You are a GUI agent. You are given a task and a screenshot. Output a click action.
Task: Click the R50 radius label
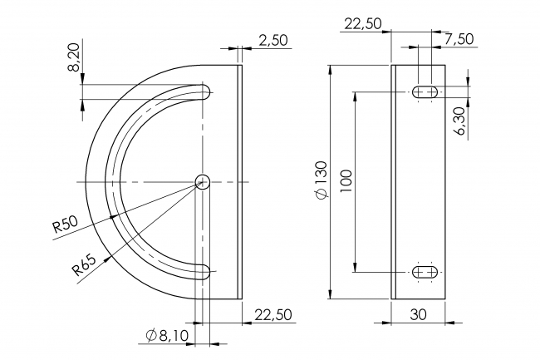[65, 224]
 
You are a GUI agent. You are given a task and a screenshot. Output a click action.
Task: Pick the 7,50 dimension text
[459, 39]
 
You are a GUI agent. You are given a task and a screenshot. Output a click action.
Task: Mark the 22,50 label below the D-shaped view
[273, 313]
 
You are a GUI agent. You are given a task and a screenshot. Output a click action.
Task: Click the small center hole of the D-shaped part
[203, 181]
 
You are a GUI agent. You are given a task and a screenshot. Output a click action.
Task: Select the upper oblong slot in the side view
[426, 91]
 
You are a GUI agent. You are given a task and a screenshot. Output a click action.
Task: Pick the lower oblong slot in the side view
[426, 271]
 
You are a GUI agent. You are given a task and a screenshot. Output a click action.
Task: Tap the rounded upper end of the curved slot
[205, 92]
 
